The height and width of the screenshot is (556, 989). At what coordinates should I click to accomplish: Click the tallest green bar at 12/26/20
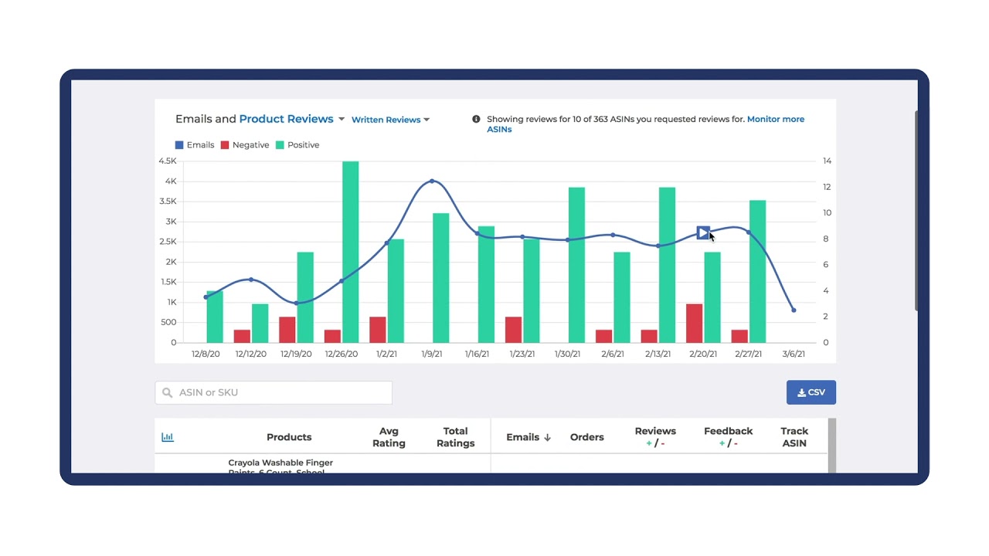350,252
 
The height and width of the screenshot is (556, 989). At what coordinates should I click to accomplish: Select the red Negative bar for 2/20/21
694,324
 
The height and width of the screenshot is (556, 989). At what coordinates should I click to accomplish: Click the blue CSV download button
811,392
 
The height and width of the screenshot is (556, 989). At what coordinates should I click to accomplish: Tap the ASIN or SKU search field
274,392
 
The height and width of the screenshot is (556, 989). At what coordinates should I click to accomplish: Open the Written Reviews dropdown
390,120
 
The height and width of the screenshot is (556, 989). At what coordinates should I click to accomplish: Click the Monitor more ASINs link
775,120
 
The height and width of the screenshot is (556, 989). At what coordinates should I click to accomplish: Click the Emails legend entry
195,145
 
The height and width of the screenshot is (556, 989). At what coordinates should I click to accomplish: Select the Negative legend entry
245,145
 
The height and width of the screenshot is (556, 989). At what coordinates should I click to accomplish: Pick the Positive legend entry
297,145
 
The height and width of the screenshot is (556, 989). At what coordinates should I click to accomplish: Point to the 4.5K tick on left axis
168,161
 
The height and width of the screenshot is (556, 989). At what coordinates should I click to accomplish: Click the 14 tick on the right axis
827,161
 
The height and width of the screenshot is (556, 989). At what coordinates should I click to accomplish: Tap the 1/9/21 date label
432,354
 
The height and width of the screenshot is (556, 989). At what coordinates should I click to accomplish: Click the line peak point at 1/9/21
432,181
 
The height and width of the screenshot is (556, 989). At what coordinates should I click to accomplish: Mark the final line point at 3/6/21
794,310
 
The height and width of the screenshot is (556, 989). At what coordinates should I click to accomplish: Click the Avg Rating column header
389,437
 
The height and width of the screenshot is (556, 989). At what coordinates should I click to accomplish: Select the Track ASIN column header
794,437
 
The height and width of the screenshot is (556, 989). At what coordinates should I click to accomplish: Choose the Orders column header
586,437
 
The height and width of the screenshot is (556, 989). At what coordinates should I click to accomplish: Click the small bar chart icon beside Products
168,437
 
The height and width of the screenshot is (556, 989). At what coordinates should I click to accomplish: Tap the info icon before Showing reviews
476,120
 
